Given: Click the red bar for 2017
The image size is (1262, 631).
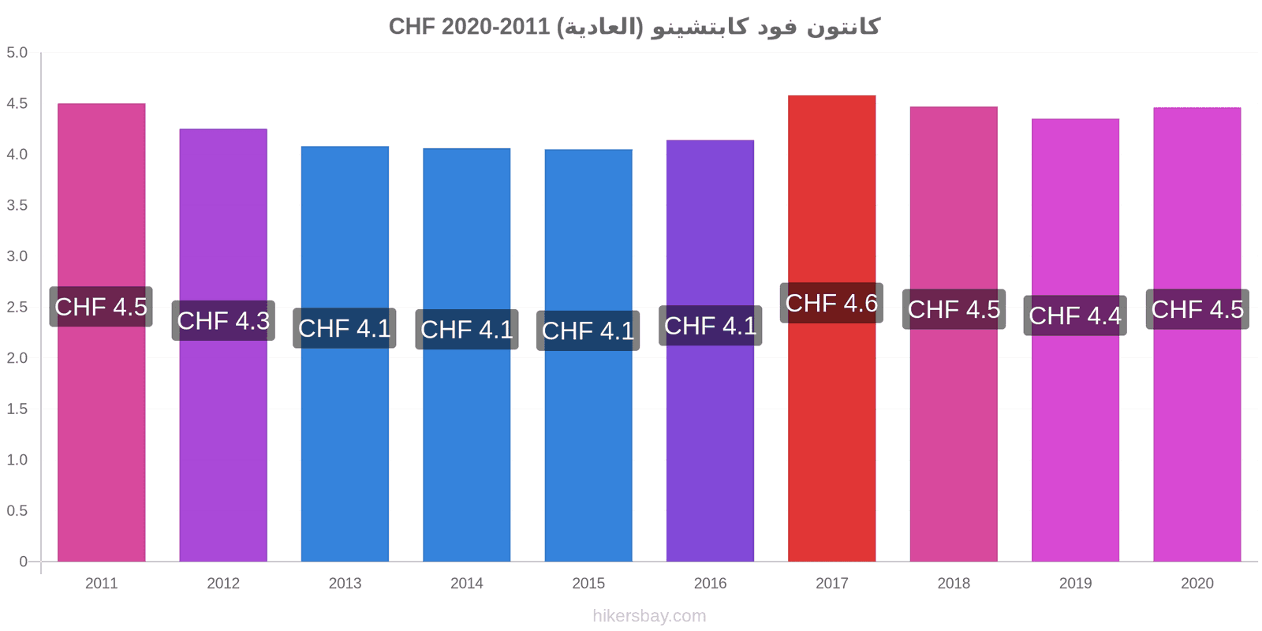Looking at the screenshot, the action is point(831,328).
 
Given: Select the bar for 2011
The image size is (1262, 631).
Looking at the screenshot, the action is point(102,332).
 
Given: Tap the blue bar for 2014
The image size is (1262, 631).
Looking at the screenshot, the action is point(466,355).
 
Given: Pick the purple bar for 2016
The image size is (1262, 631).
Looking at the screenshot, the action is point(710,351).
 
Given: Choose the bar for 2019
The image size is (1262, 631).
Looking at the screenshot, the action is point(1075,340).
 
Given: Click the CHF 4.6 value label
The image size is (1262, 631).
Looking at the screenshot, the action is point(831,303).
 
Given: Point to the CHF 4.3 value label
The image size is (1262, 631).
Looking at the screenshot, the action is point(223,320).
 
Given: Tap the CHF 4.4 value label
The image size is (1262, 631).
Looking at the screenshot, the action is point(1075,315).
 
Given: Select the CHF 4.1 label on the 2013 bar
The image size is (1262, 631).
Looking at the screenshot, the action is point(344,328).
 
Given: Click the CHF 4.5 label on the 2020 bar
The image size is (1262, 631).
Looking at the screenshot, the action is point(1197,309).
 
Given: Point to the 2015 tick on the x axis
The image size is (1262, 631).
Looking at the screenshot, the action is point(588,583).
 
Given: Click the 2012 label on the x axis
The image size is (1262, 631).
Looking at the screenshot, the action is point(223,583).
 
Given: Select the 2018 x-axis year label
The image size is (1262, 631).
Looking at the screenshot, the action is point(954,583).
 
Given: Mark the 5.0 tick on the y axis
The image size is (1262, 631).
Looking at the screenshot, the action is point(17,52).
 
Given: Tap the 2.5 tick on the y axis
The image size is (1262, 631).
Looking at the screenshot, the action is point(17,307).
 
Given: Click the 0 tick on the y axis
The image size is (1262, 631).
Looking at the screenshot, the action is point(23,561).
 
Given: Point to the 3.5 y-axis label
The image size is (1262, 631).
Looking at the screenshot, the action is point(17,205).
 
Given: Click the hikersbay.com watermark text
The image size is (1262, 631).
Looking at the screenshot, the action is point(649,616).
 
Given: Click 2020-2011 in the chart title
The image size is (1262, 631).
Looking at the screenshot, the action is point(495,27).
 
